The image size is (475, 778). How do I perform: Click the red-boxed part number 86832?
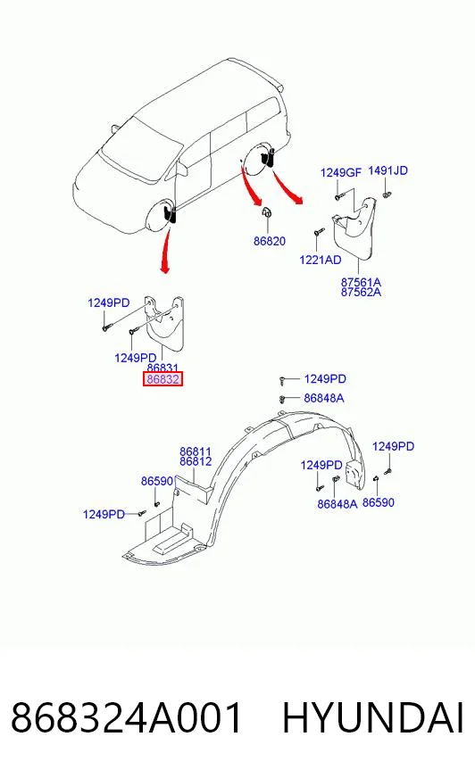(x=162, y=379)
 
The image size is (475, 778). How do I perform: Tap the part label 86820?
(x=270, y=241)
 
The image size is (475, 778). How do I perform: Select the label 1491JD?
(x=387, y=170)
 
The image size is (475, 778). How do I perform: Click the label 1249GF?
(x=341, y=173)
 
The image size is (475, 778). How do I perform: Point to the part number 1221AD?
(x=321, y=260)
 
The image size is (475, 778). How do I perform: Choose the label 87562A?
(x=361, y=293)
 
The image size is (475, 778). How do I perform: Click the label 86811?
(x=196, y=451)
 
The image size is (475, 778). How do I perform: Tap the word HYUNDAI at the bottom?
(x=373, y=717)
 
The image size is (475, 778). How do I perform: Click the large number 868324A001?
(x=126, y=717)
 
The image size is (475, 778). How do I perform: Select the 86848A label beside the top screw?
(x=324, y=398)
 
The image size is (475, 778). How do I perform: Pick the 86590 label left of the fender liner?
(x=157, y=481)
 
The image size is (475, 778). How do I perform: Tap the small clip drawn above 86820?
(x=267, y=211)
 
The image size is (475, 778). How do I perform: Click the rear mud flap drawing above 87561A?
(x=355, y=226)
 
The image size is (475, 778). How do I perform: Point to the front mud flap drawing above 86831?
(x=164, y=322)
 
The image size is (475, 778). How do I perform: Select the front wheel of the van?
(x=162, y=217)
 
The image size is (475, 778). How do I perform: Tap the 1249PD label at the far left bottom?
(x=104, y=514)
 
